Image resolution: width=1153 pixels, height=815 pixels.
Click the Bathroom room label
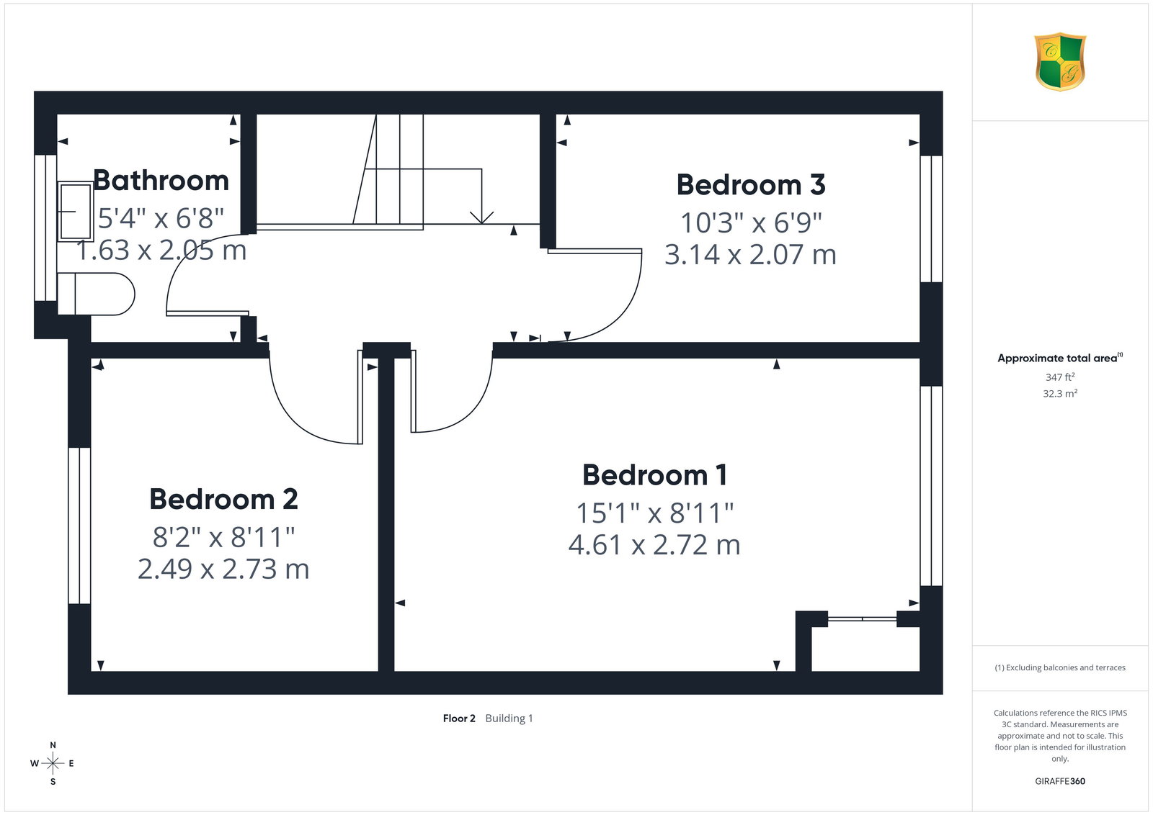[x=161, y=181]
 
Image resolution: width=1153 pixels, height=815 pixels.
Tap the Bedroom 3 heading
[x=750, y=184]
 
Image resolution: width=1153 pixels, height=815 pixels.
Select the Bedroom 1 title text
[x=654, y=474]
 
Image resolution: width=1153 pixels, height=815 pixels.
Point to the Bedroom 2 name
[x=223, y=499]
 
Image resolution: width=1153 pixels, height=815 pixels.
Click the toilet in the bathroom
[x=96, y=294]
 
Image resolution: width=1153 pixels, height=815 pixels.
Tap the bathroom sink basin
[x=75, y=212]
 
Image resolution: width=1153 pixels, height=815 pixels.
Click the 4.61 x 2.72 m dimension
[x=654, y=545]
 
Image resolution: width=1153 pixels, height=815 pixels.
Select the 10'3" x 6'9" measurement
[x=750, y=222]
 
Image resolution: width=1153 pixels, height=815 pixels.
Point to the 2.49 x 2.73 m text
[x=223, y=569]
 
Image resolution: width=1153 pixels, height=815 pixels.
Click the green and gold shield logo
[x=1060, y=62]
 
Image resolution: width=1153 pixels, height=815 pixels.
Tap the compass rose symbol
[x=53, y=763]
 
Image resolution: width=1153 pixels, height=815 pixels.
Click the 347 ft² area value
[x=1060, y=377]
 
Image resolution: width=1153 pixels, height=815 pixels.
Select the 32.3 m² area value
[x=1060, y=393]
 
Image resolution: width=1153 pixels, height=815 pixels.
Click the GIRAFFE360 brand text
[x=1060, y=781]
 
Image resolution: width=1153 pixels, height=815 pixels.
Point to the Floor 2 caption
[x=459, y=719]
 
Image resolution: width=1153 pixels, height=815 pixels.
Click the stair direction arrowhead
[x=482, y=217]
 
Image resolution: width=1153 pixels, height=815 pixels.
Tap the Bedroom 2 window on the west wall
[x=79, y=525]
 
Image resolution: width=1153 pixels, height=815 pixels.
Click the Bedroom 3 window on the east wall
[x=931, y=219]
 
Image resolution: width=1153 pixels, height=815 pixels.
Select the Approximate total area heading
[x=1060, y=358]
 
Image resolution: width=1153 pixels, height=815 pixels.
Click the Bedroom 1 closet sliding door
[x=862, y=618]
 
